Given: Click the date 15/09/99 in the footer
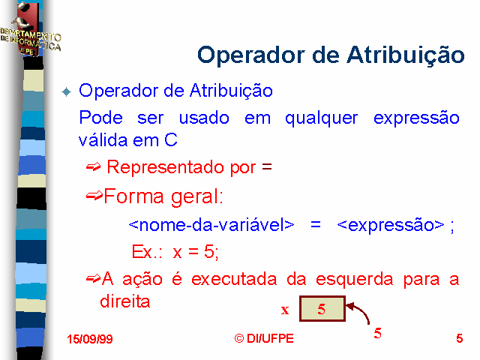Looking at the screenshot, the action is pyautogui.click(x=90, y=339).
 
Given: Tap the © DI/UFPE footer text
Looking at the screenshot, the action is pyautogui.click(x=264, y=338).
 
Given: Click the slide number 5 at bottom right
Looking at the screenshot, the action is pyautogui.click(x=459, y=338).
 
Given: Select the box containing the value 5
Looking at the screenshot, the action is pyautogui.click(x=322, y=308).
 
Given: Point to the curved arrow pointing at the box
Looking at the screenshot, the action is pyautogui.click(x=363, y=310).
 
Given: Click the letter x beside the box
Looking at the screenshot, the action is pyautogui.click(x=285, y=310).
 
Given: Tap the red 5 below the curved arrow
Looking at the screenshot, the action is pyautogui.click(x=377, y=333).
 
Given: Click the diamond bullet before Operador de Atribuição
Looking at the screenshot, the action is pyautogui.click(x=66, y=91).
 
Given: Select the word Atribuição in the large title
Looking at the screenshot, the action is pyautogui.click(x=405, y=55).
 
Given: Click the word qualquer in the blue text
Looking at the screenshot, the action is pyautogui.click(x=321, y=118).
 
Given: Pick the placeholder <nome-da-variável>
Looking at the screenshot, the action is pyautogui.click(x=211, y=225).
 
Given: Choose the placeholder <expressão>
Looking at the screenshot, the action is pyautogui.click(x=390, y=225).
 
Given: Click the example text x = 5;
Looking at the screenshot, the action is pyautogui.click(x=196, y=252).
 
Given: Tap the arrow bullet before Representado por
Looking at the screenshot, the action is pyautogui.click(x=93, y=166).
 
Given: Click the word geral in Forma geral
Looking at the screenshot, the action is pyautogui.click(x=196, y=197).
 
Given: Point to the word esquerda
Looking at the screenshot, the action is pyautogui.click(x=354, y=280).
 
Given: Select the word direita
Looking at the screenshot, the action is pyautogui.click(x=125, y=301).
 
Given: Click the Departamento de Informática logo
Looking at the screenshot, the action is pyautogui.click(x=30, y=29).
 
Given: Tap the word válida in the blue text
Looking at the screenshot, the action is pyautogui.click(x=103, y=140).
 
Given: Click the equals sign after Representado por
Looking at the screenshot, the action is pyautogui.click(x=267, y=166).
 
